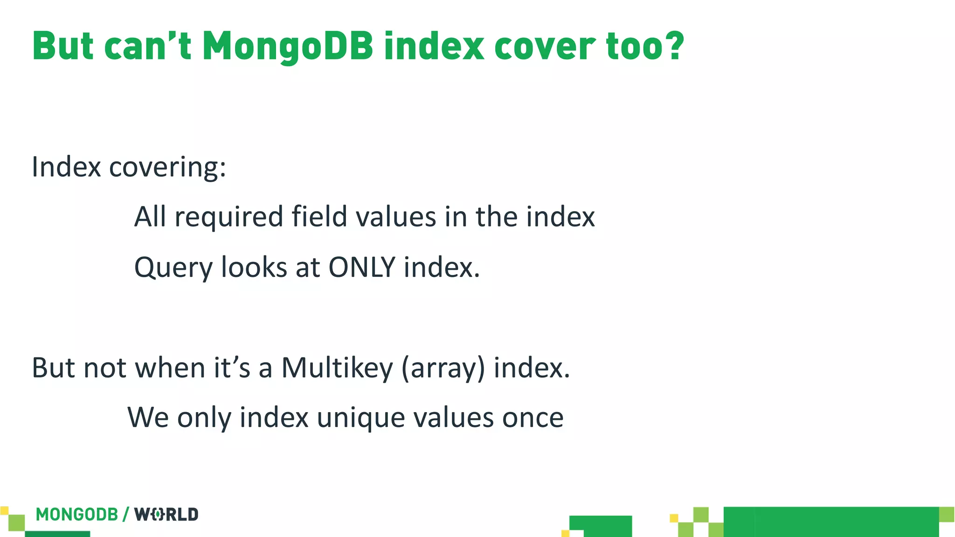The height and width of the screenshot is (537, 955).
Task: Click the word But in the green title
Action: [62, 47]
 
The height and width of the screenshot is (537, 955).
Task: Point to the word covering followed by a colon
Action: [167, 167]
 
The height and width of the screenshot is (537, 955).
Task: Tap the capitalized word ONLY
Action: [362, 268]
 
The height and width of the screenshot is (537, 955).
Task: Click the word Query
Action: [173, 268]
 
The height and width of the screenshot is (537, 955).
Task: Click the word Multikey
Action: [337, 368]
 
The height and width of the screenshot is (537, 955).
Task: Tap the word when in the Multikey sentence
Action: [170, 368]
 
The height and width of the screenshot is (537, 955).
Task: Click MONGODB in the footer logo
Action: [77, 515]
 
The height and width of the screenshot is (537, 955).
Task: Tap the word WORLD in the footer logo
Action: [166, 515]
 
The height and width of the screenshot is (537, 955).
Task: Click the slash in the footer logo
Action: [126, 515]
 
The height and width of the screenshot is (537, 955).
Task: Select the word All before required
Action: [150, 217]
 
